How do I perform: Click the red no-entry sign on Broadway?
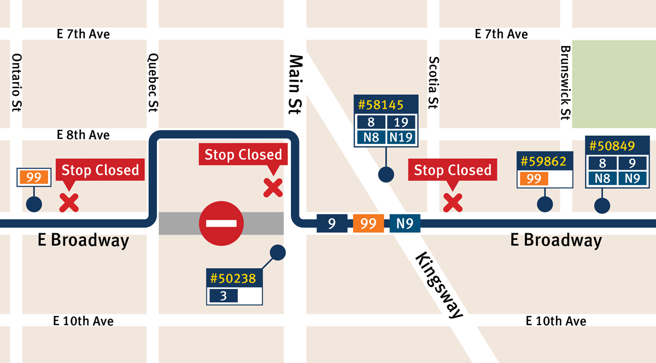coord(221,223)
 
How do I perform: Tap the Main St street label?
coord(295,84)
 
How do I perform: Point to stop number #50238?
coord(233,278)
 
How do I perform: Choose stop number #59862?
coord(544,162)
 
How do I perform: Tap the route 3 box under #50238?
coord(223,296)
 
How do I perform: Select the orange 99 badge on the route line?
coord(368,223)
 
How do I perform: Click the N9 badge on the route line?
coord(405,223)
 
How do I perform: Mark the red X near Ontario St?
coord(69,203)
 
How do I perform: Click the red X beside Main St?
coord(273,188)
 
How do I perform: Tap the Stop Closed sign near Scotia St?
coord(453,170)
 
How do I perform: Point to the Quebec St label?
coord(153,83)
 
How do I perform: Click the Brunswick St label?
coord(565,82)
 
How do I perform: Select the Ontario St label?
coord(17,83)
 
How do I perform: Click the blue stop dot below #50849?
coord(602,205)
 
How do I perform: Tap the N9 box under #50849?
coord(632,177)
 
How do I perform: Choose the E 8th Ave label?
coord(83,135)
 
